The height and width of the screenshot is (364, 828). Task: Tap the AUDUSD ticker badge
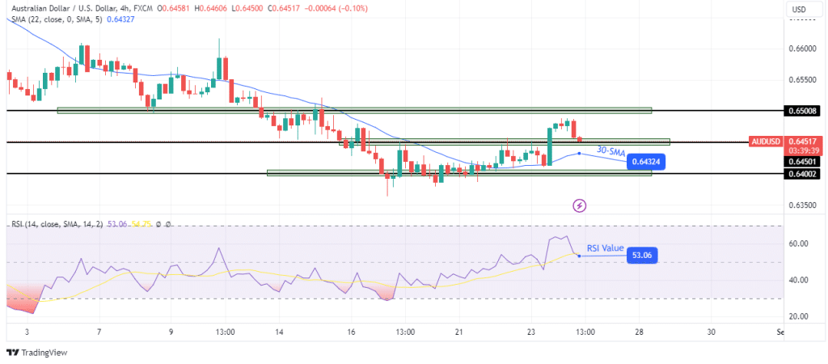[766, 142]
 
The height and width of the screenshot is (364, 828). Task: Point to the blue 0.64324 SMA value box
[648, 163]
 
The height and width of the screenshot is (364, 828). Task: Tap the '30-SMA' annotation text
[610, 151]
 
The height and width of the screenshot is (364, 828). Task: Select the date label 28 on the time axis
[640, 332]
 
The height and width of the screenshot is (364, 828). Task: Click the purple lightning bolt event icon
[579, 206]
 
